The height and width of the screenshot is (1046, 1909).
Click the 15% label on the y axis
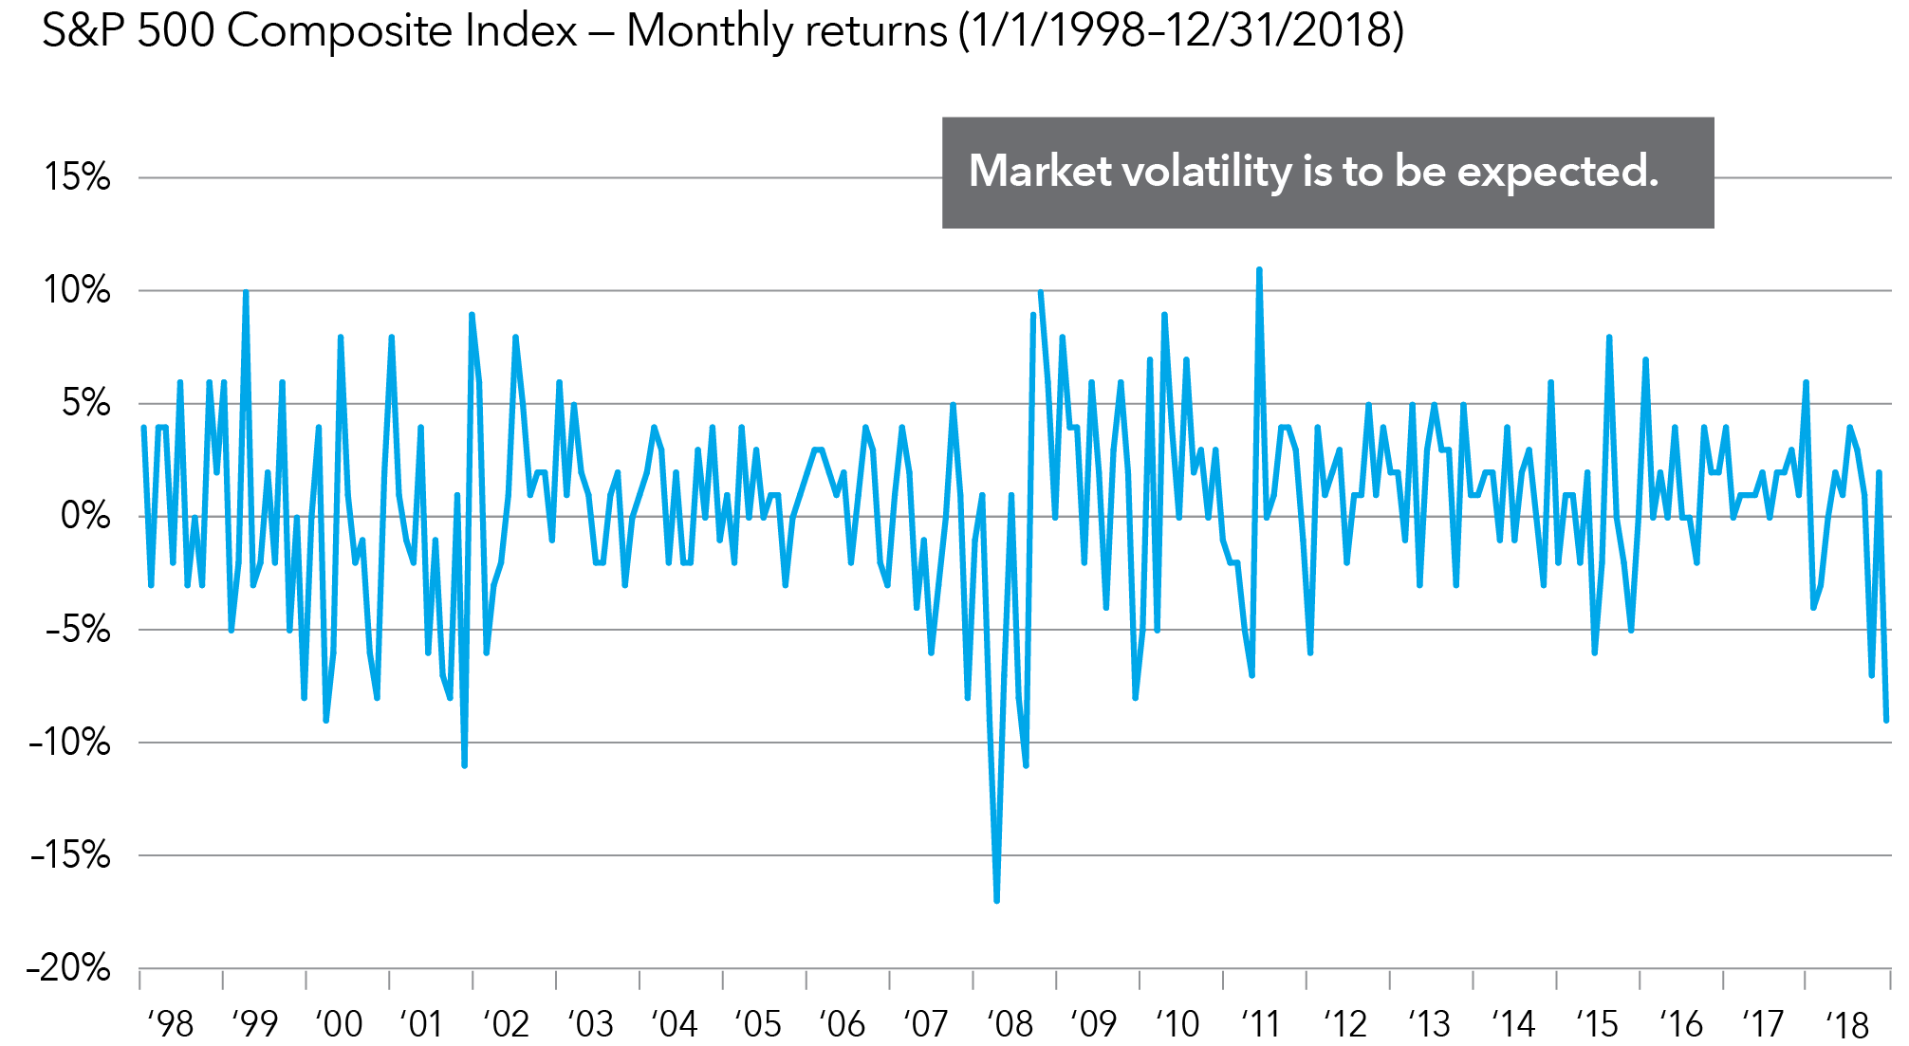pos(77,177)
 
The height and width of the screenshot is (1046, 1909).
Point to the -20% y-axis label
pos(69,968)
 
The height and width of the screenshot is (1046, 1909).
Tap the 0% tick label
pos(85,516)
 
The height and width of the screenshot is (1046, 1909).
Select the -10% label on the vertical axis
pos(69,742)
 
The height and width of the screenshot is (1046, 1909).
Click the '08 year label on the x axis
pos(1010,1024)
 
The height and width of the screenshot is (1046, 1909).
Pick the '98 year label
pos(171,1024)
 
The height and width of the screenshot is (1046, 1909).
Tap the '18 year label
pos(1847,1024)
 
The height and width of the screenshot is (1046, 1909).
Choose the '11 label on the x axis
pos(1261,1024)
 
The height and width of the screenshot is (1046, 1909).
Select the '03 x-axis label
pos(590,1024)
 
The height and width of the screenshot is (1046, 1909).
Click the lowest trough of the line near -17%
pos(996,900)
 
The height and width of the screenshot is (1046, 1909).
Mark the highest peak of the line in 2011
pos(1259,270)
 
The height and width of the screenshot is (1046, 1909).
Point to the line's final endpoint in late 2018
pos(1886,721)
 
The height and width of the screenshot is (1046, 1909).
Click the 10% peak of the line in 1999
pos(246,292)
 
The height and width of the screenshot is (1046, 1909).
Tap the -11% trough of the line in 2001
pos(464,764)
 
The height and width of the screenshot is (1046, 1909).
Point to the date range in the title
pos(1180,30)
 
